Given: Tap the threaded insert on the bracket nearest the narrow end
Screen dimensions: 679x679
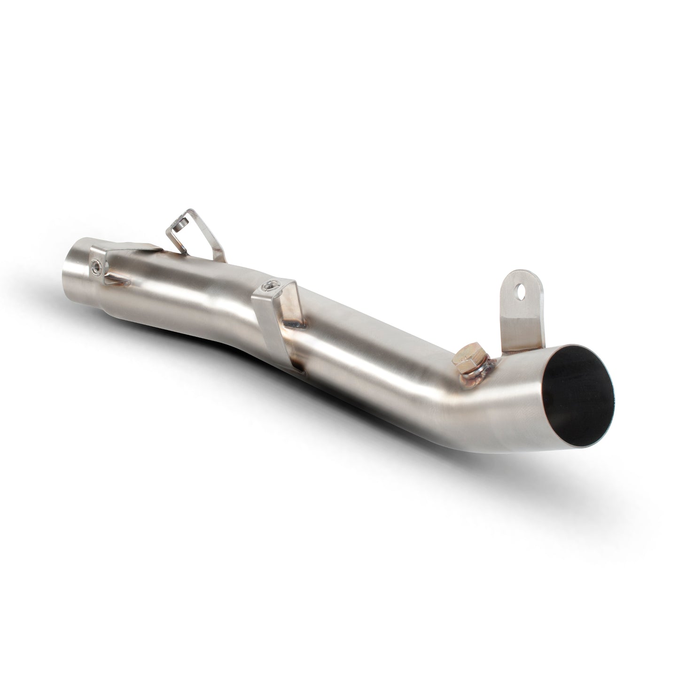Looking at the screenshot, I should pos(97,266).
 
